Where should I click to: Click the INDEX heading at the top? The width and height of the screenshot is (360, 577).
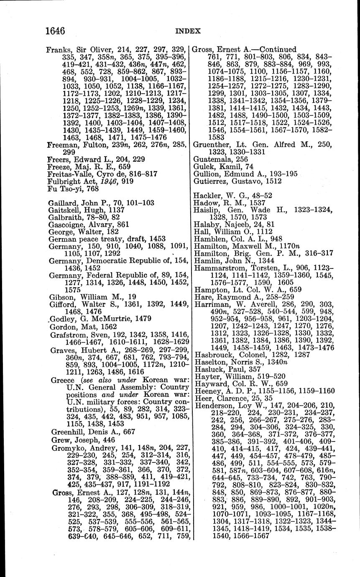click(188, 31)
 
